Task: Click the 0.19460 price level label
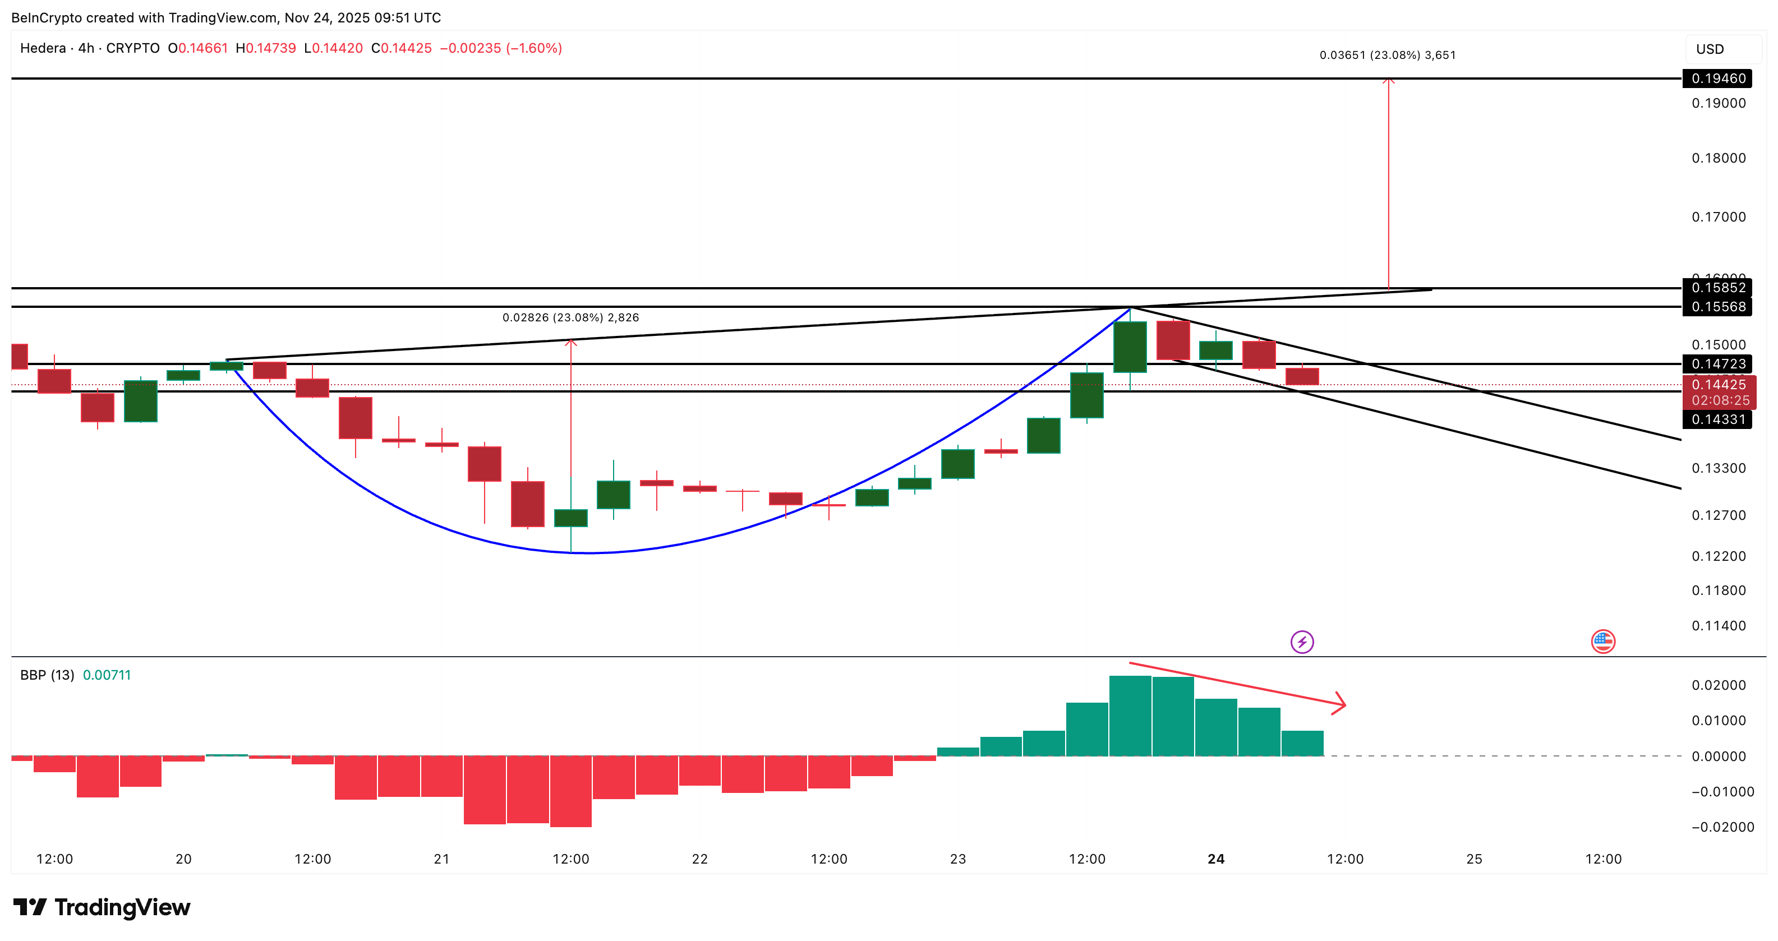(x=1717, y=79)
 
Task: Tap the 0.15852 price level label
(x=1717, y=288)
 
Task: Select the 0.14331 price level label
(x=1717, y=419)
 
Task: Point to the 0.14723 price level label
(x=1717, y=363)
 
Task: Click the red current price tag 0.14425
(x=1719, y=385)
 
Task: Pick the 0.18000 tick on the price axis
(x=1718, y=158)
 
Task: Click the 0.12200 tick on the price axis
(x=1718, y=556)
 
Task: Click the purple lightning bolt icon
(x=1302, y=642)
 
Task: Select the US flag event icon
(x=1602, y=642)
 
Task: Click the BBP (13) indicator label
(x=47, y=675)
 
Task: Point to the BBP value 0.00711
(x=107, y=675)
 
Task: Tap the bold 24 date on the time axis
(x=1216, y=859)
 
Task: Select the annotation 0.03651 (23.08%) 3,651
(x=1387, y=55)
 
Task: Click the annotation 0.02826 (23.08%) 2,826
(x=570, y=317)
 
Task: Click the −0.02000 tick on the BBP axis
(x=1722, y=827)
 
